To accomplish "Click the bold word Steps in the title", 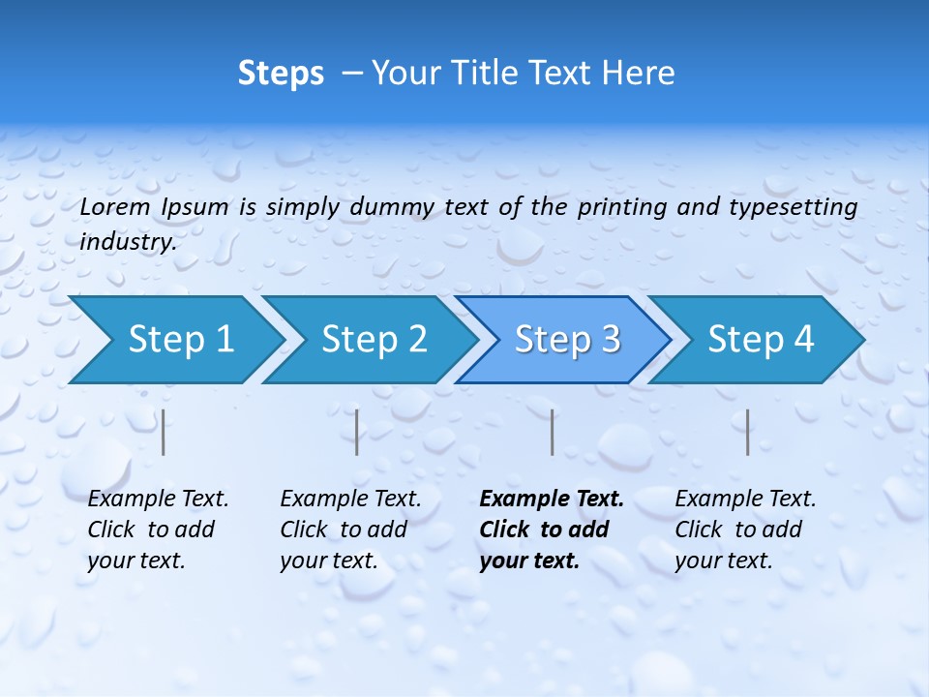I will pos(281,74).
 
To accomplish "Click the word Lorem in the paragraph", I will pos(115,207).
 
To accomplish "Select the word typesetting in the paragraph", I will pos(799,207).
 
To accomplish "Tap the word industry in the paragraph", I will pos(128,242).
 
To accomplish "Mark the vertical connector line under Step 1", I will pos(164,432).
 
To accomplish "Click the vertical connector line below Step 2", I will pos(357,432).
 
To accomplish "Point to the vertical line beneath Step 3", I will pos(552,432).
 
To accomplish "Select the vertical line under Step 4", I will pos(747,432).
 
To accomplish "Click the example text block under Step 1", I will pos(157,530).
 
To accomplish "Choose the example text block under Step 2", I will pos(349,530).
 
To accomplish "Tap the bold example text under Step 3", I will pos(551,530).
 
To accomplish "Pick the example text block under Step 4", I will pos(744,530).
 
